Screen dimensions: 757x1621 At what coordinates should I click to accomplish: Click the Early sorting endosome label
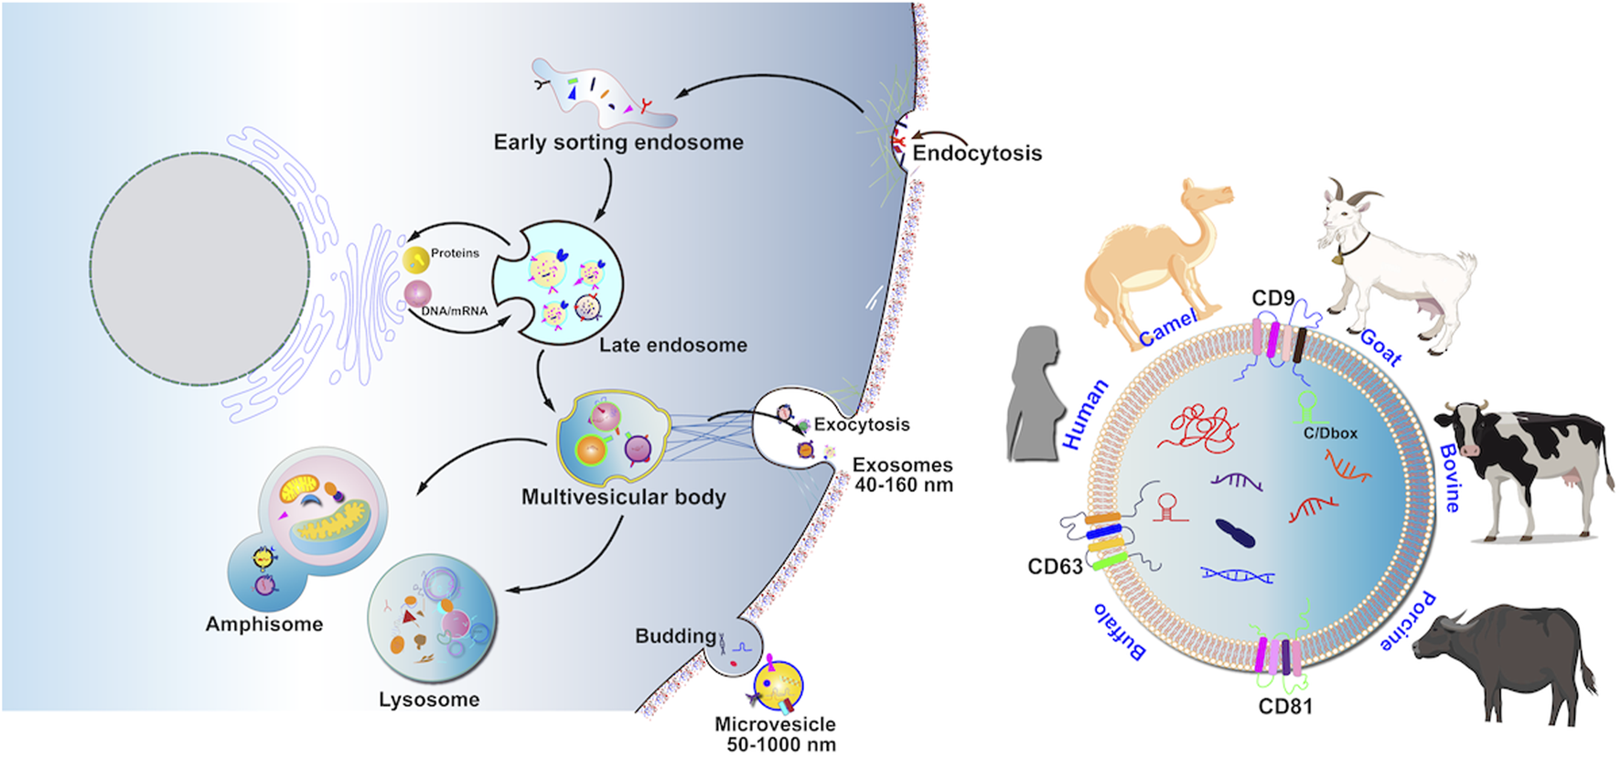[x=618, y=143]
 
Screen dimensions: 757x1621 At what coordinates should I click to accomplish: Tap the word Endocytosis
[x=977, y=154]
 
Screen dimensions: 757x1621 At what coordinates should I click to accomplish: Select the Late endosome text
[x=672, y=346]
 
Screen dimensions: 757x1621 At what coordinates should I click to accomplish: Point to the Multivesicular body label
[x=623, y=497]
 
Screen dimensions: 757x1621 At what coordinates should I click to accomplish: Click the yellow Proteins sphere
[x=416, y=260]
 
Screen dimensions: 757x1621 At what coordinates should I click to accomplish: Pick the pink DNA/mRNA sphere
[x=418, y=293]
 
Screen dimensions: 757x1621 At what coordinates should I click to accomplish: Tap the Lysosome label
[x=429, y=700]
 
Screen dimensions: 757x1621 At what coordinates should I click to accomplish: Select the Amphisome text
[x=263, y=624]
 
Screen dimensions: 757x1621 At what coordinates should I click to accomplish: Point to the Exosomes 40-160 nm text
[x=903, y=475]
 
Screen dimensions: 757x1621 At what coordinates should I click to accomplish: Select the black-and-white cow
[x=1519, y=466]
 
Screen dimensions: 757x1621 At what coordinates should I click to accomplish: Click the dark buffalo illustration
[x=1500, y=658]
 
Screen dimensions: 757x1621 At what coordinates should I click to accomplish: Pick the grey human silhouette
[x=1034, y=393]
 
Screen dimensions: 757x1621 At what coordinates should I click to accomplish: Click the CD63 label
[x=1055, y=567]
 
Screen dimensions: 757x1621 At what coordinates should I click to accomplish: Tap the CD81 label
[x=1284, y=707]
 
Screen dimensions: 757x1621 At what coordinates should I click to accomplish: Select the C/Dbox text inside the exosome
[x=1330, y=433]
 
